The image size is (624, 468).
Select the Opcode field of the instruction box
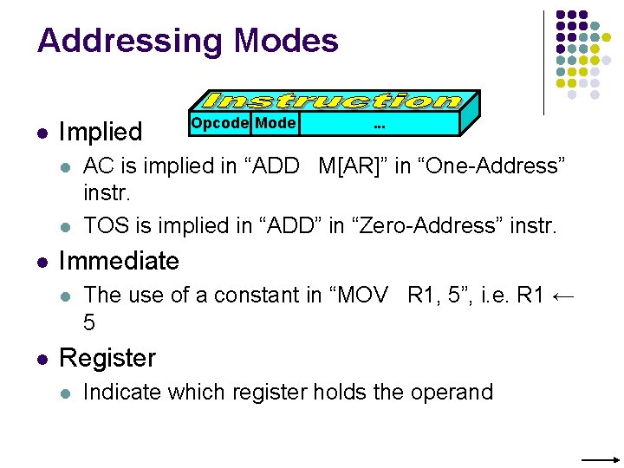pos(220,123)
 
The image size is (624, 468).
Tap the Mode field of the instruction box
pos(276,123)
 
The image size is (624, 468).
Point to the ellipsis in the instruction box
pos(379,126)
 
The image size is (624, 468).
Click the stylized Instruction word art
pos(333,101)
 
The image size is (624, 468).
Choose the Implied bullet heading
pos(100,132)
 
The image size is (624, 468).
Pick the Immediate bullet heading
pos(119,260)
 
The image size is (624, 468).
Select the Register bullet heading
pos(107,357)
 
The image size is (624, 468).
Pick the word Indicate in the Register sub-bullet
pos(121,392)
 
